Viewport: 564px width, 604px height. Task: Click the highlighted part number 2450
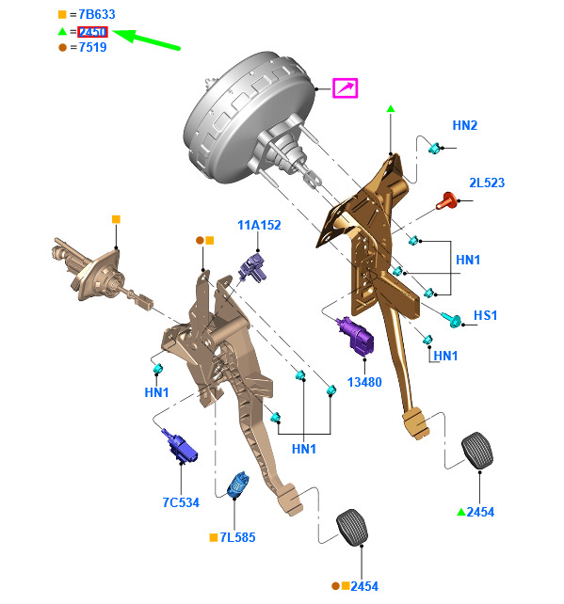tap(92, 32)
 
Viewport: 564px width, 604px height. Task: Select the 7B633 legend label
tap(97, 15)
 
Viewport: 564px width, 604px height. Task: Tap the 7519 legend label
tap(92, 47)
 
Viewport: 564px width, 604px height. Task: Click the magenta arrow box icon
tap(345, 88)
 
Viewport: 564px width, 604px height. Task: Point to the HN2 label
tap(464, 125)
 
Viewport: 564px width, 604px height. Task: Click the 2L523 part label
tap(487, 183)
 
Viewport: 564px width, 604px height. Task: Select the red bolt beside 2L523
tap(447, 200)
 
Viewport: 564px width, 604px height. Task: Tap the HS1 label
tap(485, 315)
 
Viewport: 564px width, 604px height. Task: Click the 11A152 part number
tap(259, 225)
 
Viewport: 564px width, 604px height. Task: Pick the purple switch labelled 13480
tap(356, 336)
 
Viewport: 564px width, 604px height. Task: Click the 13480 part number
tap(364, 382)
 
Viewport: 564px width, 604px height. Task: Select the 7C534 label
tap(181, 502)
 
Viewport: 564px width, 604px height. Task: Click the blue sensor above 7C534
tap(179, 446)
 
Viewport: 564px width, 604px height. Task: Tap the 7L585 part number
tap(237, 537)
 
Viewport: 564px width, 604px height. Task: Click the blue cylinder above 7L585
tap(238, 485)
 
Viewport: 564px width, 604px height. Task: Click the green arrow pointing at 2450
tap(146, 39)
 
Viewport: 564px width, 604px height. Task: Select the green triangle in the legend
tap(62, 31)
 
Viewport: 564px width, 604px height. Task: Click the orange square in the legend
tap(62, 15)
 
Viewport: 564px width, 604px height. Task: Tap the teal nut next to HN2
tap(434, 148)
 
